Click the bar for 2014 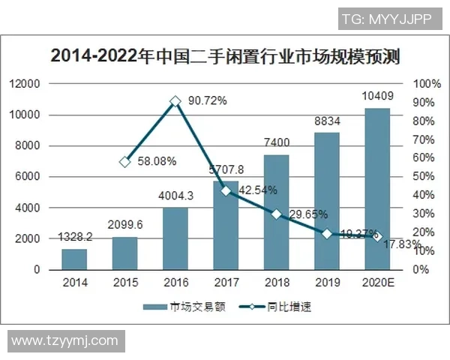pyautogui.click(x=75, y=259)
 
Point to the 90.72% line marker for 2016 pyautogui.click(x=175, y=100)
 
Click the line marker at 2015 pyautogui.click(x=125, y=161)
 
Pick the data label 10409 pyautogui.click(x=377, y=94)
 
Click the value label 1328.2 pyautogui.click(x=76, y=237)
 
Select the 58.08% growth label pyautogui.click(x=155, y=161)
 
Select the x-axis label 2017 pyautogui.click(x=226, y=283)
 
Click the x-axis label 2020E pyautogui.click(x=377, y=283)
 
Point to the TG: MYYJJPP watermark pyautogui.click(x=387, y=19)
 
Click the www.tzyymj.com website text pyautogui.click(x=64, y=340)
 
